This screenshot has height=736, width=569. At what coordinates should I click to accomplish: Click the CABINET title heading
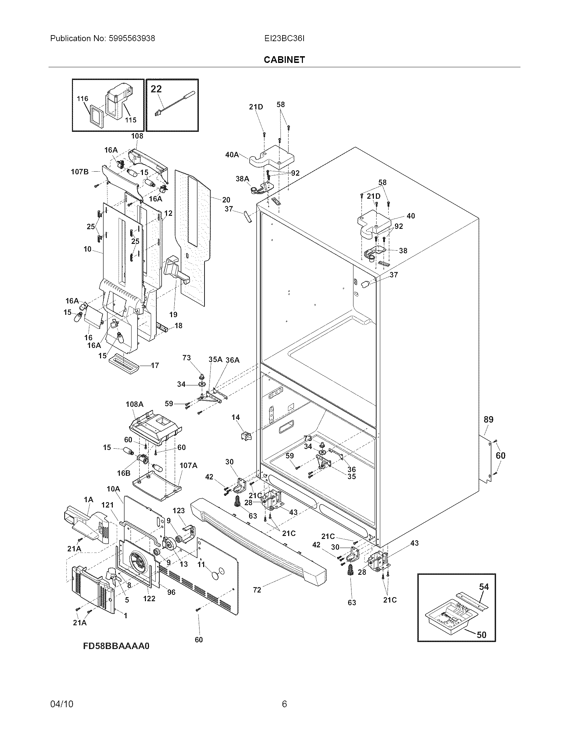click(x=284, y=60)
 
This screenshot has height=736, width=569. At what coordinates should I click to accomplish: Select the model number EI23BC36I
click(x=284, y=38)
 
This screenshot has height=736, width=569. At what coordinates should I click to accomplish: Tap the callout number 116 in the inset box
click(x=82, y=99)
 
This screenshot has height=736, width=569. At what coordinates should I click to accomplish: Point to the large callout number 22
click(x=156, y=89)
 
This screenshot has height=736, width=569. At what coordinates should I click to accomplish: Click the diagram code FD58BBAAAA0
click(x=116, y=646)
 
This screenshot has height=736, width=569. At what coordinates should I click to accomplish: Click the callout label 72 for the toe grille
click(x=257, y=590)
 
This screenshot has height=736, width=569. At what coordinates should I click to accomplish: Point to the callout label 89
click(x=488, y=420)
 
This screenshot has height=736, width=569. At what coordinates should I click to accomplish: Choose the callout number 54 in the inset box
click(x=484, y=587)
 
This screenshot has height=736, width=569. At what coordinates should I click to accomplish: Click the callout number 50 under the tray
click(x=482, y=635)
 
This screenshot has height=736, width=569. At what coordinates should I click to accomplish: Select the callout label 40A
click(x=232, y=155)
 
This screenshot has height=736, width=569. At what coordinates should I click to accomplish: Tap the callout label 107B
click(x=80, y=172)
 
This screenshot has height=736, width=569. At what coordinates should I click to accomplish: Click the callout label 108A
click(x=135, y=404)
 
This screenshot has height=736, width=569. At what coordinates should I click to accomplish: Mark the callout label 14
click(x=236, y=418)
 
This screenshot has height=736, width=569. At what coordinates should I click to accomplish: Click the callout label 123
click(x=179, y=511)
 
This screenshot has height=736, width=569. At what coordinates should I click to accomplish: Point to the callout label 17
click(x=155, y=365)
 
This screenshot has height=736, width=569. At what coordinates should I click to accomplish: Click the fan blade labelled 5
click(x=113, y=579)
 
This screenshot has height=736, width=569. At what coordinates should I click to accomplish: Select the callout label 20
click(x=226, y=200)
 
